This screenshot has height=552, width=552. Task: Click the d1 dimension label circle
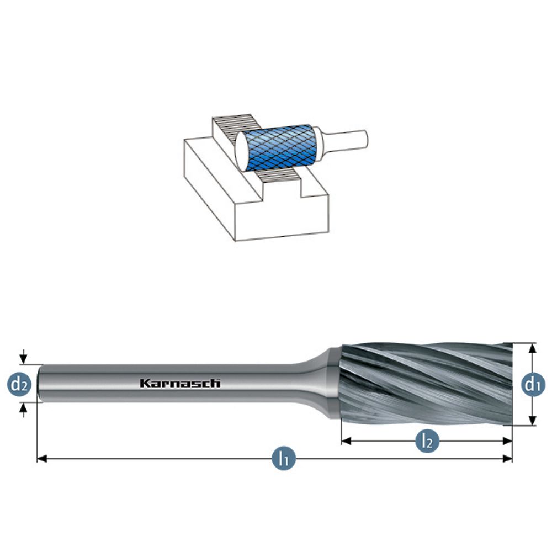[x=533, y=384]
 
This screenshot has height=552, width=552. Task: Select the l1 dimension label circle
[x=284, y=458]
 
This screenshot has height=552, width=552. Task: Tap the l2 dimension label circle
[x=427, y=440]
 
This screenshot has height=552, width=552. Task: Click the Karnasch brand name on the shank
[x=181, y=383]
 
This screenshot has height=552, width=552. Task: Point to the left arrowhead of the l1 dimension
[x=42, y=458]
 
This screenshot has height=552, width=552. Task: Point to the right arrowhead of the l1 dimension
[x=508, y=458]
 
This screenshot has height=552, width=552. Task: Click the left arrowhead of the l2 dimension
[x=347, y=440]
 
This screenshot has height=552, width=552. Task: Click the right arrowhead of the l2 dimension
[x=507, y=440]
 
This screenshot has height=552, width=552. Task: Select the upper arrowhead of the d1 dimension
[x=533, y=348]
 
